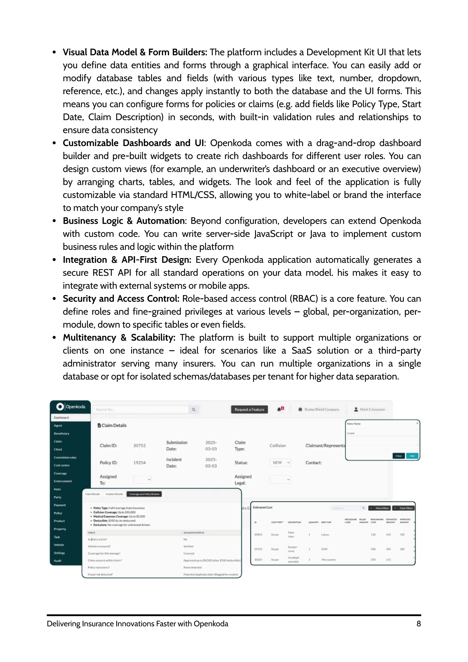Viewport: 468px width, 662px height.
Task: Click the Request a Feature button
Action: click(x=249, y=409)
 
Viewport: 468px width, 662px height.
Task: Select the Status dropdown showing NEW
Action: click(x=280, y=462)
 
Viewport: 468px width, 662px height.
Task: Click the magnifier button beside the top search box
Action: click(x=194, y=409)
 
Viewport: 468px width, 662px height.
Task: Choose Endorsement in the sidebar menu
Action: click(x=63, y=481)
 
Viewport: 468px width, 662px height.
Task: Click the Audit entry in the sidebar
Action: click(x=58, y=561)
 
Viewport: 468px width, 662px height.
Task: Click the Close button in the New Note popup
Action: click(x=399, y=456)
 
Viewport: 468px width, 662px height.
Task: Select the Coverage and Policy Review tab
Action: click(x=144, y=494)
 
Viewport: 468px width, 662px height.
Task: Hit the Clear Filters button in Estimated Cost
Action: click(x=404, y=508)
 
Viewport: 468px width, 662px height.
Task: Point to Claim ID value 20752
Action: click(x=139, y=446)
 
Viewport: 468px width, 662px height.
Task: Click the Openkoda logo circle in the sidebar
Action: click(x=60, y=406)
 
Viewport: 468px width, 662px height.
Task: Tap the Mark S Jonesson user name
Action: click(x=372, y=409)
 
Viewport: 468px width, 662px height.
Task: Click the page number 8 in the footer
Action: click(x=418, y=624)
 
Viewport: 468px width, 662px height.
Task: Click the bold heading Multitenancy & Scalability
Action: click(x=119, y=337)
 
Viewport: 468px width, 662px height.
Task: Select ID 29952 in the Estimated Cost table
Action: click(x=258, y=549)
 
